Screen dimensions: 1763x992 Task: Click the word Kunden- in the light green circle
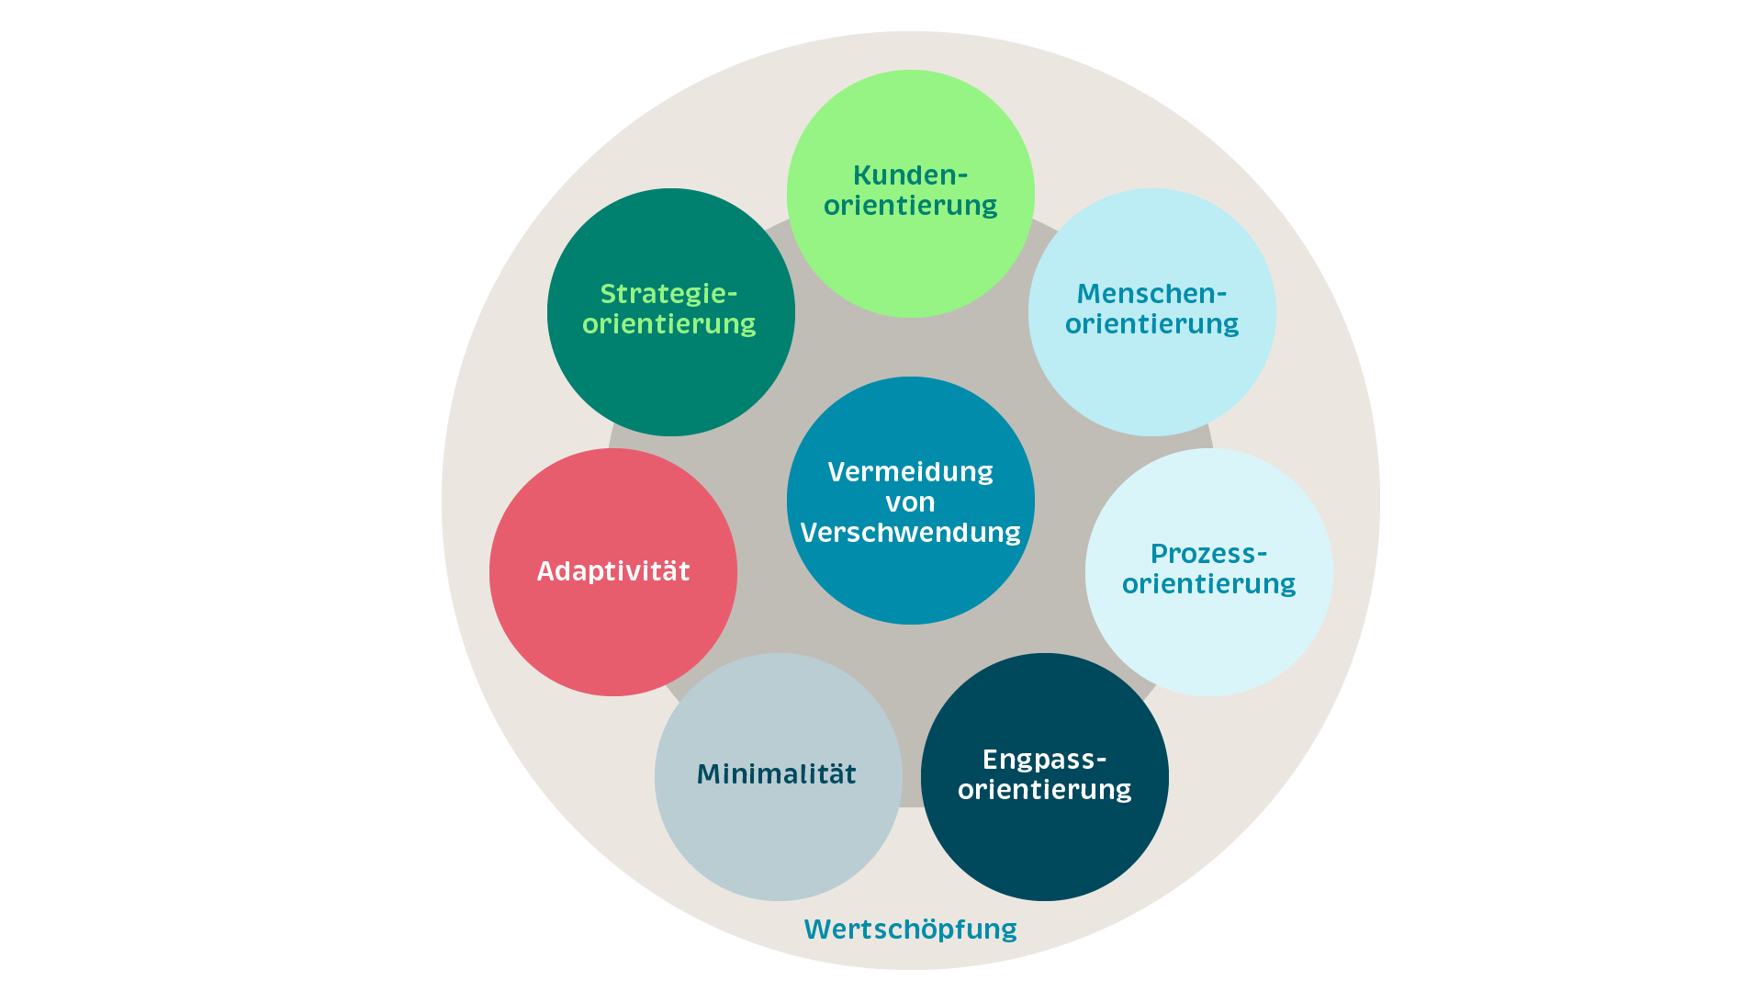pyautogui.click(x=910, y=175)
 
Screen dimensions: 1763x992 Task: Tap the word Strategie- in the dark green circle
pyautogui.click(x=668, y=294)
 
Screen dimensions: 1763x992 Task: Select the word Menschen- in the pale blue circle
pyautogui.click(x=1151, y=294)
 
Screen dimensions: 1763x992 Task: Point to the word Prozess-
pyautogui.click(x=1208, y=554)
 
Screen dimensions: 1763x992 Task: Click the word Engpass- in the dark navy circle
pyautogui.click(x=1044, y=760)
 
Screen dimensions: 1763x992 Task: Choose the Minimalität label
pyautogui.click(x=777, y=774)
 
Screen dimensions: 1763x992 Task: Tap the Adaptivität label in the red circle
pyautogui.click(x=613, y=571)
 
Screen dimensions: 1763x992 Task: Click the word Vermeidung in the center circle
pyautogui.click(x=910, y=472)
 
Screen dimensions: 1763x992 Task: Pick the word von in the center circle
pyautogui.click(x=910, y=502)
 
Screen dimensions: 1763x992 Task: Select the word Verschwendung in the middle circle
pyautogui.click(x=910, y=533)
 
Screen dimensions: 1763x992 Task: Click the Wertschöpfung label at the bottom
pyautogui.click(x=910, y=930)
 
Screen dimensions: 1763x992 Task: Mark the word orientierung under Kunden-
pyautogui.click(x=910, y=205)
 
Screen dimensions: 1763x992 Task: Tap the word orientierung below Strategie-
pyautogui.click(x=668, y=324)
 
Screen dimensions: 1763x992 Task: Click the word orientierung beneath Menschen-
pyautogui.click(x=1151, y=324)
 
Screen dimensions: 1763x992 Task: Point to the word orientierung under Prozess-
pyautogui.click(x=1208, y=584)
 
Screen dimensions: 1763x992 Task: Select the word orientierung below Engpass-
pyautogui.click(x=1044, y=790)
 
